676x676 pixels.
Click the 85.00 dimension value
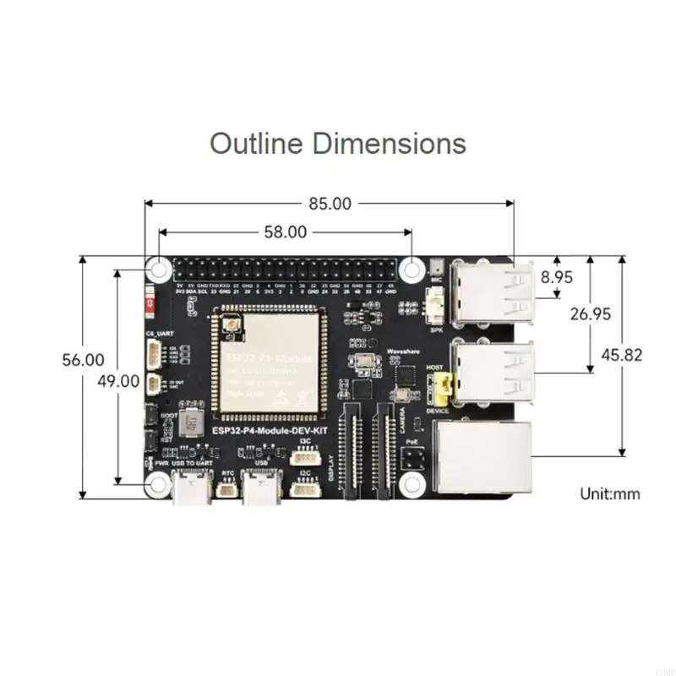(x=330, y=204)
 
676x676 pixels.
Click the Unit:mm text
(x=609, y=493)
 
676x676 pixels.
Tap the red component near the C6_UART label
(x=150, y=300)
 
